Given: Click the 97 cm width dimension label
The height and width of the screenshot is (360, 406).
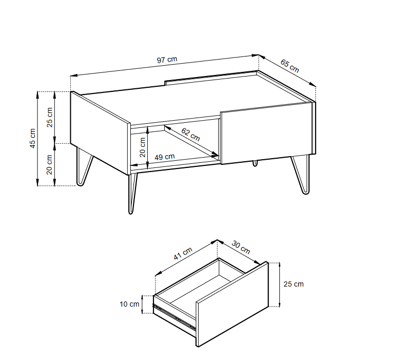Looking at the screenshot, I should point(167,60).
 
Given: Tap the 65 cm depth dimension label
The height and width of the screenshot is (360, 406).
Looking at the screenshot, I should point(289,65).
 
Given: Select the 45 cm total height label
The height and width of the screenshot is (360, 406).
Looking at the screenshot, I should point(32,138).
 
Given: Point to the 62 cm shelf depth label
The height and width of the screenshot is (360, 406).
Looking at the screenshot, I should point(190,135).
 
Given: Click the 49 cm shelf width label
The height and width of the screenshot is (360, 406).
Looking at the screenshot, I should point(165,157).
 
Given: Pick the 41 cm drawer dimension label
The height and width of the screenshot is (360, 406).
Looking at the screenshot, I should point(183,254).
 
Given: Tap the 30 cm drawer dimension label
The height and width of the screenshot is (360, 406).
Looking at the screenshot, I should point(241,247).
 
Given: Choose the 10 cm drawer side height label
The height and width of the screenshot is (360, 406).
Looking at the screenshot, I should point(129,304).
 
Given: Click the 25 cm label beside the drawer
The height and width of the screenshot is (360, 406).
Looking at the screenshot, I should point(293,284).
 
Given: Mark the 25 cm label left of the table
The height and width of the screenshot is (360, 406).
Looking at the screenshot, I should point(50,118).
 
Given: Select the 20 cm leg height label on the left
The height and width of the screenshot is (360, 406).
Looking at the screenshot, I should point(50,164).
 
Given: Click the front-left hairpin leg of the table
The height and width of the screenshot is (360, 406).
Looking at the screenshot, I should point(84,165).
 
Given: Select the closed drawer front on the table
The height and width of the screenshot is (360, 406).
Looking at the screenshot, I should point(266,132).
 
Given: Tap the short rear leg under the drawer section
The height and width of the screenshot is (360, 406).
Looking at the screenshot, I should point(255,163).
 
